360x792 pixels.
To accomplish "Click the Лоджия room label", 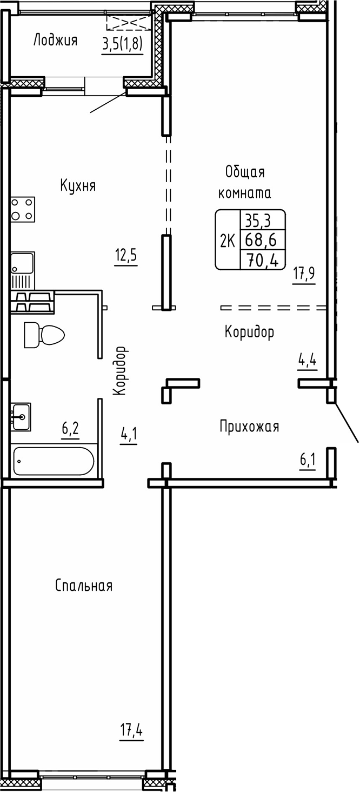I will point(55,40).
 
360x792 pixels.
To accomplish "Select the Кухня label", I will point(78,186).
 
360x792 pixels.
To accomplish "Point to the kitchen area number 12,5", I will point(126,255).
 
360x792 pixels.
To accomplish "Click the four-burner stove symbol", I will point(23,209).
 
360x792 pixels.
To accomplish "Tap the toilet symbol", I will point(44,335).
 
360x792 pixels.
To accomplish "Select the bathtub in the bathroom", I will point(54,461).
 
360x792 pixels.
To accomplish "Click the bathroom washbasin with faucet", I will point(21,416).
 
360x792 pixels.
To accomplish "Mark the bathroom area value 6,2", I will point(70,429).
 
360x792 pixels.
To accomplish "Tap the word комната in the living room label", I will point(244,192).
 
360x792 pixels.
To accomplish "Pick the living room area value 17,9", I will point(304,274).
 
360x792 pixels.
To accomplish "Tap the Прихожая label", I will point(249,427).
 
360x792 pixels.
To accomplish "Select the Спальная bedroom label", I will point(84,585).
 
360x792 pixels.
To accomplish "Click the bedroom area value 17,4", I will point(131,732).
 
